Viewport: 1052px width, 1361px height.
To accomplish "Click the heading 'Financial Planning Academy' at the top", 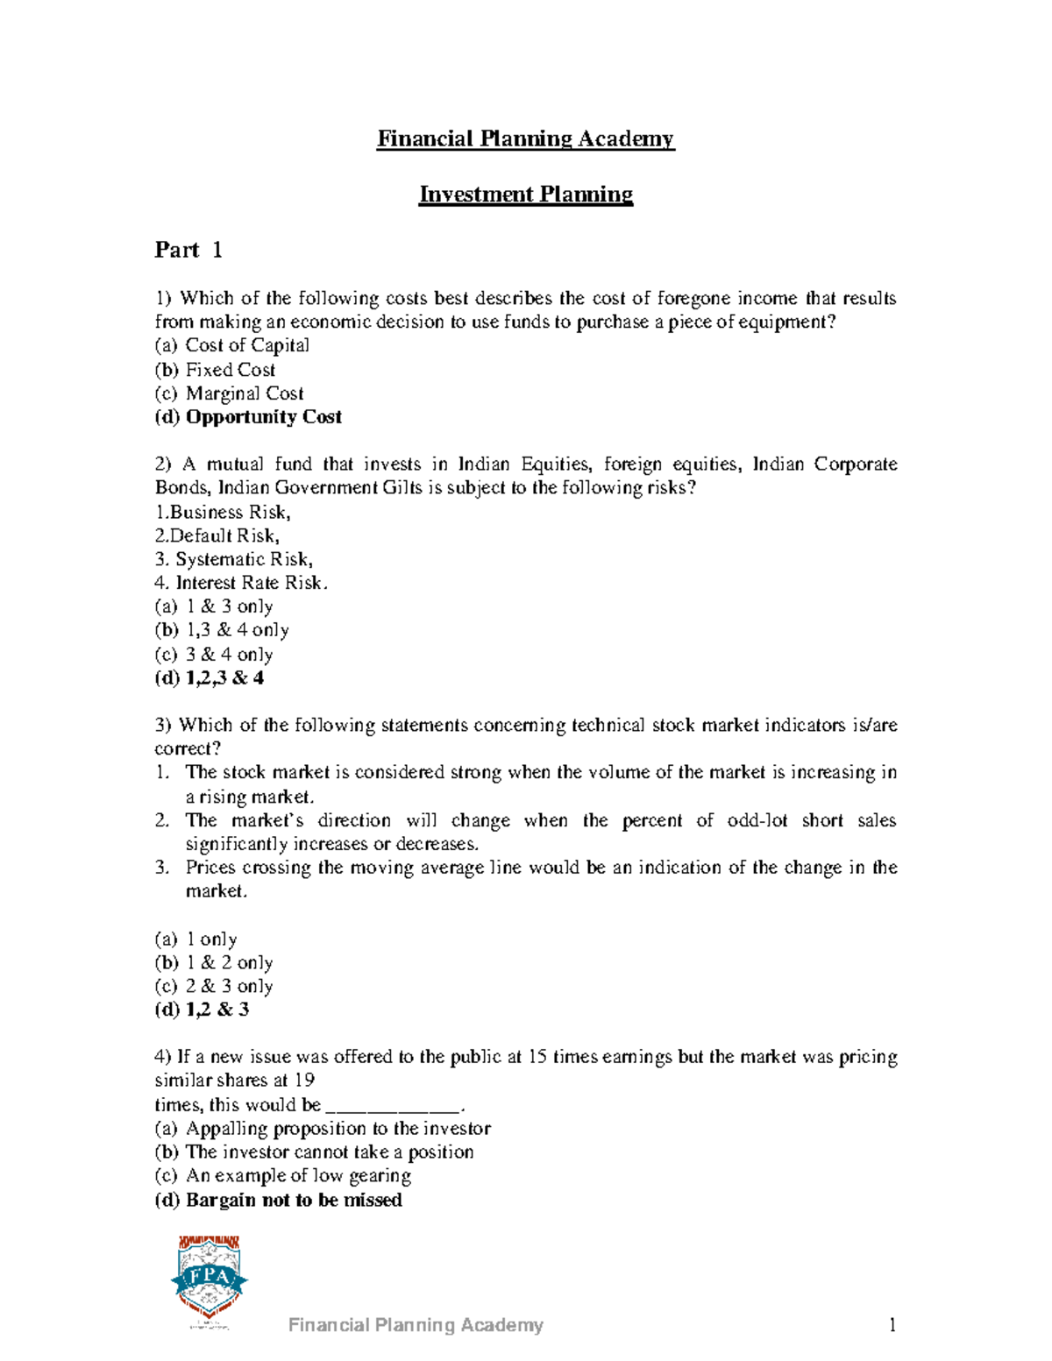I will (x=525, y=139).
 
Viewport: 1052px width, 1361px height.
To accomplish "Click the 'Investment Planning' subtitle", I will (x=525, y=195).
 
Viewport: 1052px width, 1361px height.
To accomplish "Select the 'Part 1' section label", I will (x=188, y=251).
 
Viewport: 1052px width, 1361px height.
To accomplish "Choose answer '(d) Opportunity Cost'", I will (x=248, y=417).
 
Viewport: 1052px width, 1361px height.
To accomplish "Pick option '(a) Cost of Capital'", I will (x=232, y=345).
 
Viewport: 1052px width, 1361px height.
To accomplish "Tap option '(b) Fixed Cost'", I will (x=215, y=370).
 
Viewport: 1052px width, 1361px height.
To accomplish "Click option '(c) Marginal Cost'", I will (x=229, y=393).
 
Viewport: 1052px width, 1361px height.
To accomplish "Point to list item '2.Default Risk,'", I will (x=217, y=535).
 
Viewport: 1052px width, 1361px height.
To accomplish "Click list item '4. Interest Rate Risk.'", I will (x=241, y=583).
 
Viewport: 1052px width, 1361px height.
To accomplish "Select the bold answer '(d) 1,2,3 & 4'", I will (x=210, y=678).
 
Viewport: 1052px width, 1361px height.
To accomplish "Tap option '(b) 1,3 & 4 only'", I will (x=222, y=630).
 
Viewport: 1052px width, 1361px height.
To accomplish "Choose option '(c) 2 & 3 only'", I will (x=214, y=986).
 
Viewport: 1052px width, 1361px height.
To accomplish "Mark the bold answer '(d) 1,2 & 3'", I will (x=202, y=1010).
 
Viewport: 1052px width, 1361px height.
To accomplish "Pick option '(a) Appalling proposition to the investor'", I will (x=323, y=1129).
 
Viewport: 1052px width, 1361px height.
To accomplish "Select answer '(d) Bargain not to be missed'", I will (x=278, y=1201).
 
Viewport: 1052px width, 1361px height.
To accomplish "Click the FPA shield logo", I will (x=209, y=1280).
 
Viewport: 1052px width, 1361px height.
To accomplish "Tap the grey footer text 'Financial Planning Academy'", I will (x=416, y=1325).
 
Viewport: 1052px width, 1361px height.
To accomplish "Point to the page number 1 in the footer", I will (x=892, y=1325).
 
